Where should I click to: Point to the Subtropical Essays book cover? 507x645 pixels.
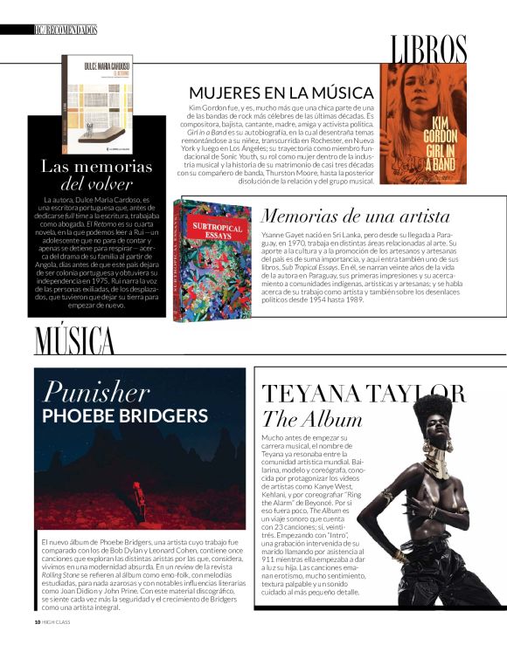tap(212, 259)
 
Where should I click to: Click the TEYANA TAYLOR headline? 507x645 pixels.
tap(364, 394)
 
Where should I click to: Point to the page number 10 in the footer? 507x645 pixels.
tap(37, 621)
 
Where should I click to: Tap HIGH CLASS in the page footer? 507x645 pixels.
tap(58, 621)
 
